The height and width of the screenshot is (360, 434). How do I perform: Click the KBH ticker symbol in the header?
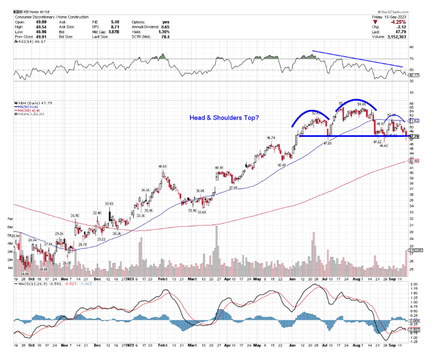click(x=18, y=11)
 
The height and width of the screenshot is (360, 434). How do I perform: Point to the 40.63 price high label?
click(x=162, y=166)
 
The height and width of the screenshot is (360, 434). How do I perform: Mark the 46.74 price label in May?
click(x=271, y=138)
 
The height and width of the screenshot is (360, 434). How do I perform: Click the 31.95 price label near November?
click(x=75, y=215)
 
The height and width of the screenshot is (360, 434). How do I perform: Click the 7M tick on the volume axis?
click(x=9, y=219)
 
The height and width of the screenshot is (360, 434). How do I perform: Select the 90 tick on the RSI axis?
click(x=412, y=47)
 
